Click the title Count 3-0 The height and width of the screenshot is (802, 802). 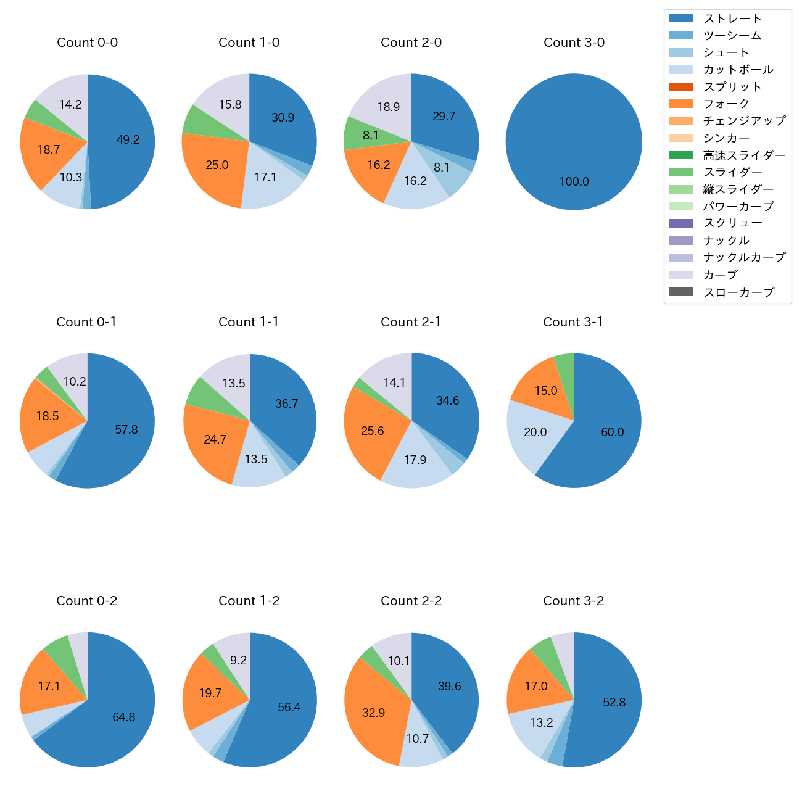coord(574,43)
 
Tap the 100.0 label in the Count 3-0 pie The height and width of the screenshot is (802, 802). coord(574,182)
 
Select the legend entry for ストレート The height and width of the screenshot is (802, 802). coord(732,19)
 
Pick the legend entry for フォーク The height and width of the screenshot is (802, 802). coord(726,104)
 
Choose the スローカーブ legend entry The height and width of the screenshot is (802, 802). coord(738,292)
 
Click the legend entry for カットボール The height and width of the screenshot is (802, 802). coord(738,70)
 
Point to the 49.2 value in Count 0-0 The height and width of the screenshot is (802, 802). coord(128,140)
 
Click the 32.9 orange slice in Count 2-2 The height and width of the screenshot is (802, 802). coord(373,713)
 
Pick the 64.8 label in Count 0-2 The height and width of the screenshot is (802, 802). coord(124,717)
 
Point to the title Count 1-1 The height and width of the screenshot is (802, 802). coord(249,322)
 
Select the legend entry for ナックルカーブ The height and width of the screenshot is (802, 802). coord(744,258)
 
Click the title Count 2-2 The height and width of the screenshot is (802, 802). coord(411,601)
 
